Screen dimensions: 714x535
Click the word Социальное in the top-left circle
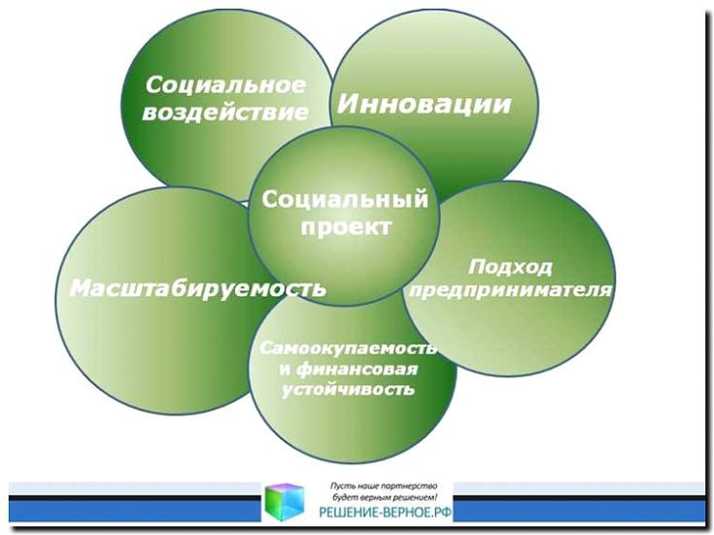pyautogui.click(x=225, y=85)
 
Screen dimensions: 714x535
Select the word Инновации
pyautogui.click(x=424, y=104)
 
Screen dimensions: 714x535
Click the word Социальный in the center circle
pyautogui.click(x=345, y=199)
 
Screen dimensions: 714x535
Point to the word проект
pyautogui.click(x=346, y=227)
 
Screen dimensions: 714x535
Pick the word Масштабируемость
pyautogui.click(x=198, y=288)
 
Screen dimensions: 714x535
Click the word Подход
pyautogui.click(x=510, y=267)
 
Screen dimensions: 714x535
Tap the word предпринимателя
pyautogui.click(x=510, y=290)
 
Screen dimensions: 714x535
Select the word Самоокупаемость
pyautogui.click(x=349, y=349)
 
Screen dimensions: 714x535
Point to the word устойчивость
pyautogui.click(x=349, y=389)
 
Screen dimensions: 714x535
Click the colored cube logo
pyautogui.click(x=285, y=502)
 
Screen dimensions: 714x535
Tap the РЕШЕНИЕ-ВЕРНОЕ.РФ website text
pyautogui.click(x=386, y=513)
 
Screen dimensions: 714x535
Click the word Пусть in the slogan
pyautogui.click(x=340, y=486)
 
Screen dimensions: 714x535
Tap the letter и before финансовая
pyautogui.click(x=285, y=369)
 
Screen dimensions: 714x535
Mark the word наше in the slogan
pyautogui.click(x=365, y=486)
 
